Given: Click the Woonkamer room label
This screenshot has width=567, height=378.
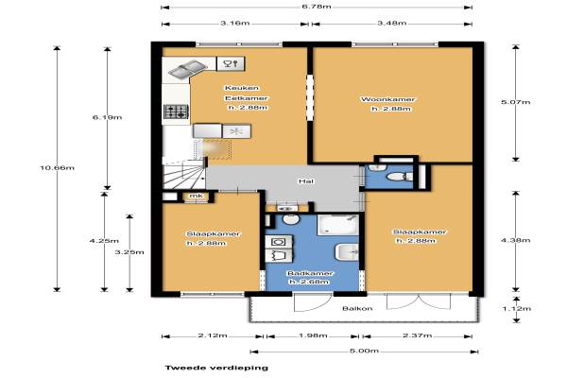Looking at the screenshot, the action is tap(388, 99).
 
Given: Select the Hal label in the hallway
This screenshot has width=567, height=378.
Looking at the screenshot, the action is tap(306, 180).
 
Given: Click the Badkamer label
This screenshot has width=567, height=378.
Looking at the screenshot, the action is tap(304, 273).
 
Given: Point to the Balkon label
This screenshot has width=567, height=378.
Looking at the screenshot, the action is tap(357, 309).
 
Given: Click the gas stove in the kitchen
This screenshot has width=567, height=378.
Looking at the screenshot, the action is tap(177, 112).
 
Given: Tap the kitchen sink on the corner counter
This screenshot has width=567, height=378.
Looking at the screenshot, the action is tap(187, 69).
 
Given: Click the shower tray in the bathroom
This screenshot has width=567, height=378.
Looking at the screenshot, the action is tap(338, 225).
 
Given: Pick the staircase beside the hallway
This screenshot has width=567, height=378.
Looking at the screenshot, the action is tap(183, 176).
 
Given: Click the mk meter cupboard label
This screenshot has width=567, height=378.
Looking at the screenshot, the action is tap(197, 196).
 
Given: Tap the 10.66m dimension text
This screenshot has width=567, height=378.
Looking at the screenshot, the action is tap(57, 168).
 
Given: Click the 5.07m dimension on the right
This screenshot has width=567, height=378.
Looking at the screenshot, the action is tap(516, 102).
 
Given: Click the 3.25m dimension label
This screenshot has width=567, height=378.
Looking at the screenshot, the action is tap(129, 252).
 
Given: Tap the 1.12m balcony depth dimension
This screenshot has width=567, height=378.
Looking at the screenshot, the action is tap(516, 309).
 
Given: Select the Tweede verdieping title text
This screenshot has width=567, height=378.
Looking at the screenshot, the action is tap(216, 368).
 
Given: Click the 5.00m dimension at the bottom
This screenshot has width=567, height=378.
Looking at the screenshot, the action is tap(364, 351).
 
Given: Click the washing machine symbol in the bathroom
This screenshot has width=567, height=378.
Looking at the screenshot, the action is tap(279, 242).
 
